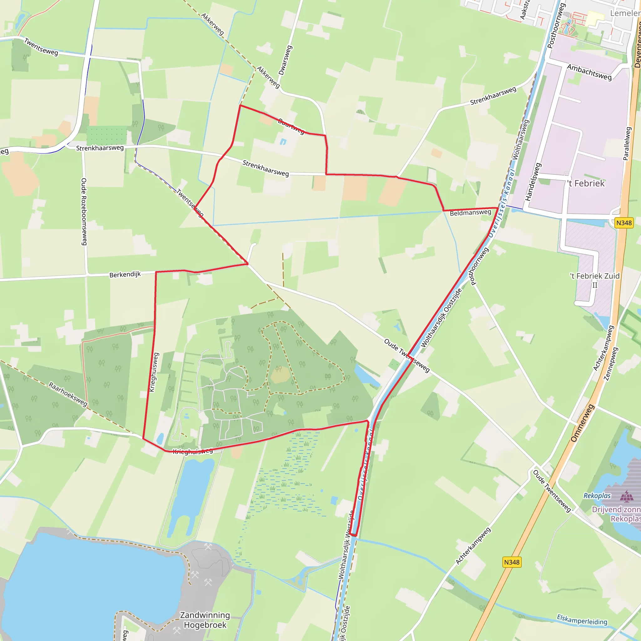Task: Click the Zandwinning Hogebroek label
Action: pos(205,620)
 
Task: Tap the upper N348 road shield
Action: pos(624,223)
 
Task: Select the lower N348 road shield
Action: pos(512,562)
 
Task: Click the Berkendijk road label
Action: pos(125,274)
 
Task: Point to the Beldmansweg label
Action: pos(470,213)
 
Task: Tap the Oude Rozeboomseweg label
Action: pos(84,212)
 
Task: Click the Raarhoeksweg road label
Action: pos(68,394)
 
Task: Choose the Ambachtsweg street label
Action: pos(589,72)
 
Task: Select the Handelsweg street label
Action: pos(533,182)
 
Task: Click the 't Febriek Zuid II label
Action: pos(595,280)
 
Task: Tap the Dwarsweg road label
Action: pos(285,60)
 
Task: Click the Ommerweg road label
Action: pos(582,423)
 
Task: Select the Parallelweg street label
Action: pos(627,144)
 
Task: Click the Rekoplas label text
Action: pos(597,496)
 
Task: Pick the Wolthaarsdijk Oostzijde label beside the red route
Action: pos(441,318)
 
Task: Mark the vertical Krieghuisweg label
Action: pos(154,372)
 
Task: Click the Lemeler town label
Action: pos(625,13)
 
